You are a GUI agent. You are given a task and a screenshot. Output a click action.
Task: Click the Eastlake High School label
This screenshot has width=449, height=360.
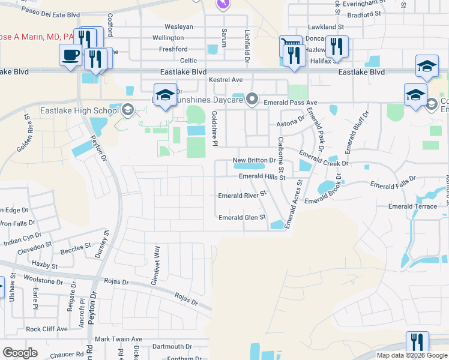pos(79,110)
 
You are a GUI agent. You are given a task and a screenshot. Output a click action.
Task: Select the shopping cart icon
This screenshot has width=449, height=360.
pos(289,44)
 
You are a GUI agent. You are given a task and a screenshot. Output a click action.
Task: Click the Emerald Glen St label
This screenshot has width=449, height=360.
pos(242,218)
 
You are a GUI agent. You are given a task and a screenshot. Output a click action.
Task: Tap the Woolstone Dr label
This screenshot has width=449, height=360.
pos(43,281)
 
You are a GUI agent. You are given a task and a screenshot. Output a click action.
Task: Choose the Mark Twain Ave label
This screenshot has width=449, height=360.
pos(118,339)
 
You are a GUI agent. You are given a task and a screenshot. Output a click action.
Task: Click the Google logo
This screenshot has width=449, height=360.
pos(20,353)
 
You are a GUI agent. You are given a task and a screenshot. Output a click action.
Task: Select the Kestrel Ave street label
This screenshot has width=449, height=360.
pos(225,80)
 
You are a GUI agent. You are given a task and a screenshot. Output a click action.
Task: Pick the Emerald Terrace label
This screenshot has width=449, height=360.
pos(412,206)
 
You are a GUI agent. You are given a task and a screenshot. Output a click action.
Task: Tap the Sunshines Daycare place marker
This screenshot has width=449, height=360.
pos(253,98)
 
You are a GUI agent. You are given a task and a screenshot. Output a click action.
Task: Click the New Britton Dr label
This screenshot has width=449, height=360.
pos(253,161)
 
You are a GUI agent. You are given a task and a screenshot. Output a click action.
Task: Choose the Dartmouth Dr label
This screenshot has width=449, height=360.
pos(172,347)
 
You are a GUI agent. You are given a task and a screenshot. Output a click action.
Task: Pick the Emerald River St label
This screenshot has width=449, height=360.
pos(242,196)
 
